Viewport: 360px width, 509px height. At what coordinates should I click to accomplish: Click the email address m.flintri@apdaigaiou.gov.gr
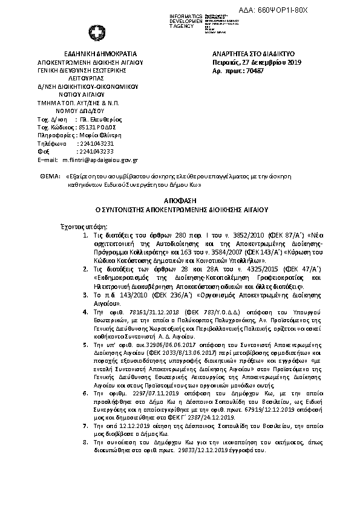click(x=100, y=160)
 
